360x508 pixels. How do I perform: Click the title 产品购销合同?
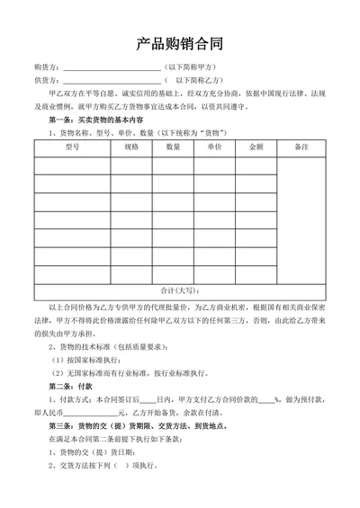tap(179, 42)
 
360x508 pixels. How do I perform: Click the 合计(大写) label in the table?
tap(180, 290)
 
